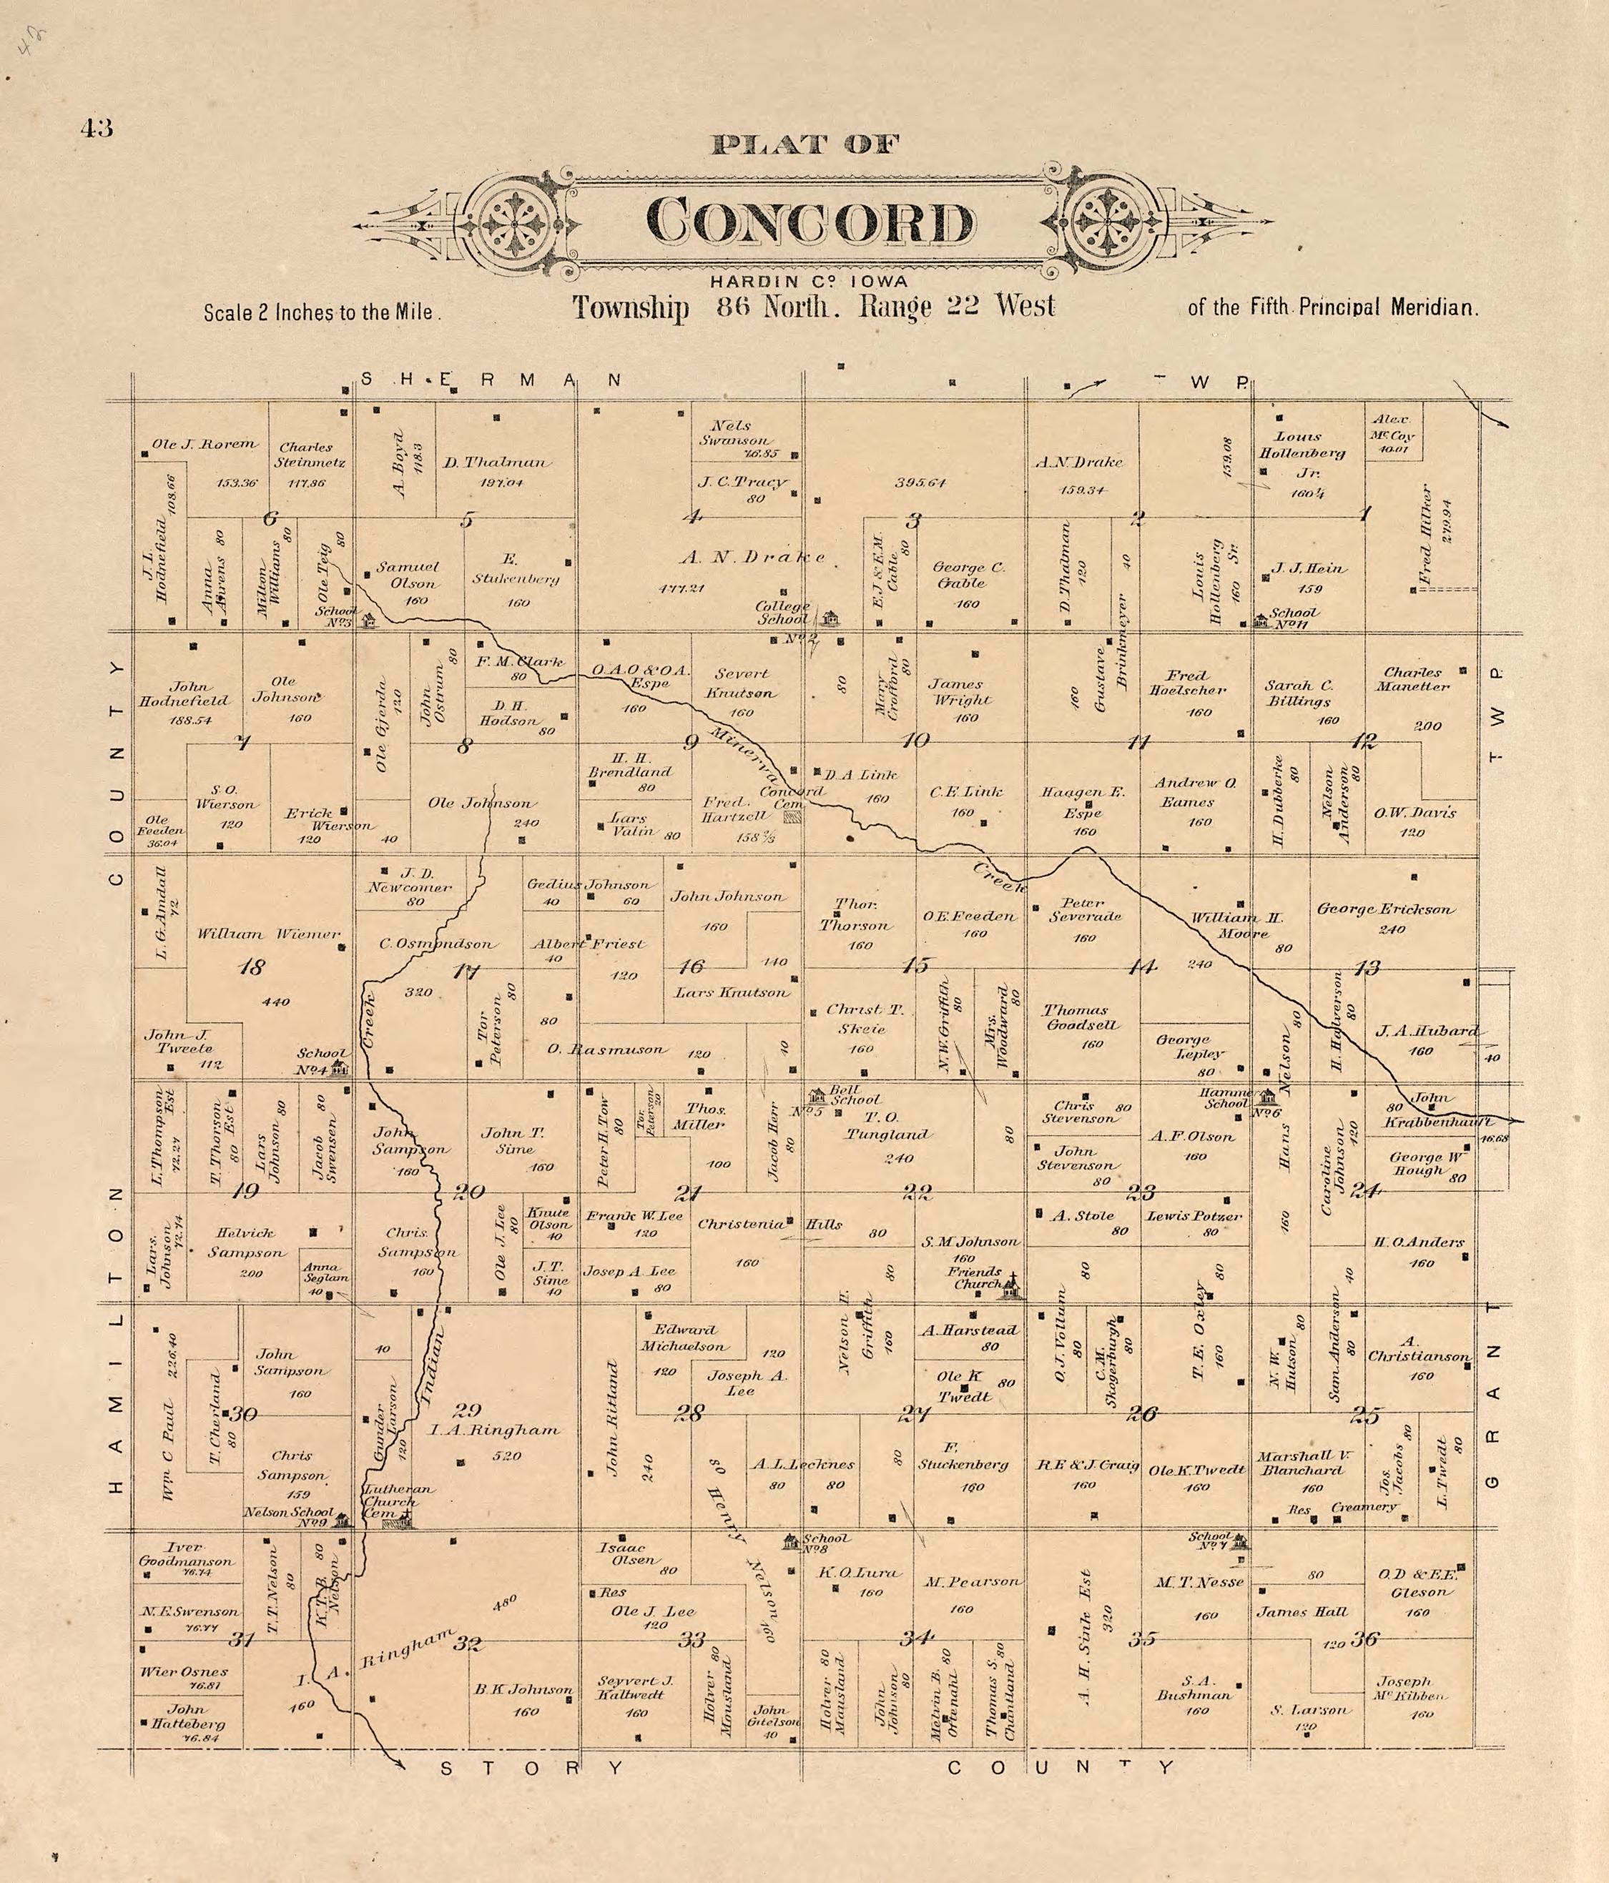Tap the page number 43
pyautogui.click(x=97, y=128)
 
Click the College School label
pyautogui.click(x=784, y=613)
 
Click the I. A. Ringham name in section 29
pyautogui.click(x=495, y=1430)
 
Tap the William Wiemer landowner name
pyautogui.click(x=269, y=934)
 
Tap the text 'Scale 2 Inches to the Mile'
pyautogui.click(x=322, y=312)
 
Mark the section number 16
pyautogui.click(x=692, y=966)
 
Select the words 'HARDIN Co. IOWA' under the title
pyautogui.click(x=809, y=282)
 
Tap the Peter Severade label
pyautogui.click(x=1083, y=910)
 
